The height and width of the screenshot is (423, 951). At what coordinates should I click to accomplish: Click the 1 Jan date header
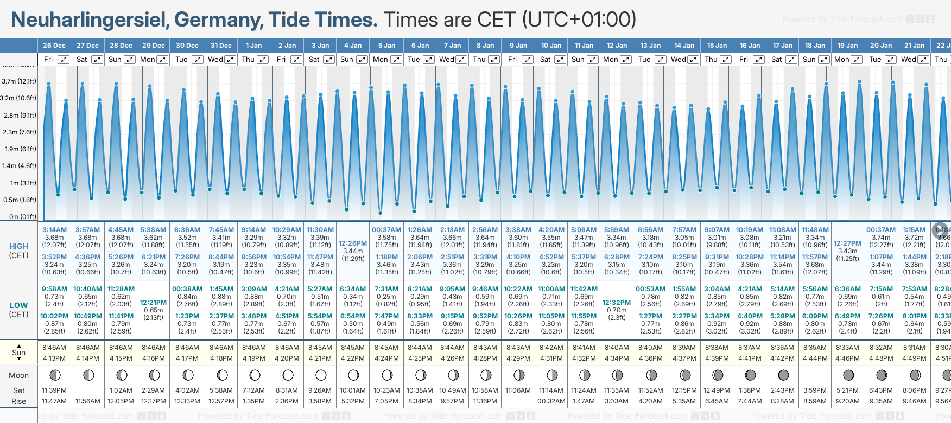pyautogui.click(x=253, y=46)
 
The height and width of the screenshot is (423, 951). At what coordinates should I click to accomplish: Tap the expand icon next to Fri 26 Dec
pyautogui.click(x=64, y=60)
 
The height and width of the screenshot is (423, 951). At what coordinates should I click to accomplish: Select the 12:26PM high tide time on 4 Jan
pyautogui.click(x=353, y=243)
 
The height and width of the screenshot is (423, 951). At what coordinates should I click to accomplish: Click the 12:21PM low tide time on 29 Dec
pyautogui.click(x=154, y=303)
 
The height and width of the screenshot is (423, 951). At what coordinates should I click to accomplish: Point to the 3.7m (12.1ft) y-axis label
pyautogui.click(x=19, y=81)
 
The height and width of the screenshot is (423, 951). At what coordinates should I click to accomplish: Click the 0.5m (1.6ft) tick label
pyautogui.click(x=20, y=200)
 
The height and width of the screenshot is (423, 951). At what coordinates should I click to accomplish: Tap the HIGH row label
pyautogui.click(x=19, y=246)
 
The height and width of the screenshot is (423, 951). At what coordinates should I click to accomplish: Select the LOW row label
pyautogui.click(x=19, y=305)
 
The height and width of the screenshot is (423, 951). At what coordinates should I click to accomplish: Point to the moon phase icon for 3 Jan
pyautogui.click(x=321, y=375)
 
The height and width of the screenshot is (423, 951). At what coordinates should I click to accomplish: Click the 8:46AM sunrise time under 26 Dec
pyautogui.click(x=54, y=348)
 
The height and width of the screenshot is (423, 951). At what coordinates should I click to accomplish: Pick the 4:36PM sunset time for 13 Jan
pyautogui.click(x=650, y=358)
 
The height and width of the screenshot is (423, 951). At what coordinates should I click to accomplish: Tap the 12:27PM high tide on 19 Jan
pyautogui.click(x=847, y=243)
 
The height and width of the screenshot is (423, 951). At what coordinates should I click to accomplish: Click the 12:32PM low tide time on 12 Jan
pyautogui.click(x=617, y=303)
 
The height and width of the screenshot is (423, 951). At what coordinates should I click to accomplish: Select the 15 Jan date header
pyautogui.click(x=717, y=46)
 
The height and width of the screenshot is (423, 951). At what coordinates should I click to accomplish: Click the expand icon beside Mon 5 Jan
pyautogui.click(x=396, y=60)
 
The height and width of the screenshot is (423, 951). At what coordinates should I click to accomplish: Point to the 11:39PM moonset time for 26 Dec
pyautogui.click(x=54, y=390)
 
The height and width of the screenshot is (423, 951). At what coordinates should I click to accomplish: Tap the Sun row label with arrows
pyautogui.click(x=19, y=352)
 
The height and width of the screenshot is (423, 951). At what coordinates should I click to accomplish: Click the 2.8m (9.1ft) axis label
pyautogui.click(x=20, y=115)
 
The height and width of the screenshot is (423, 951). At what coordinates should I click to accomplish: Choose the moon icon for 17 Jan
pyautogui.click(x=783, y=375)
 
